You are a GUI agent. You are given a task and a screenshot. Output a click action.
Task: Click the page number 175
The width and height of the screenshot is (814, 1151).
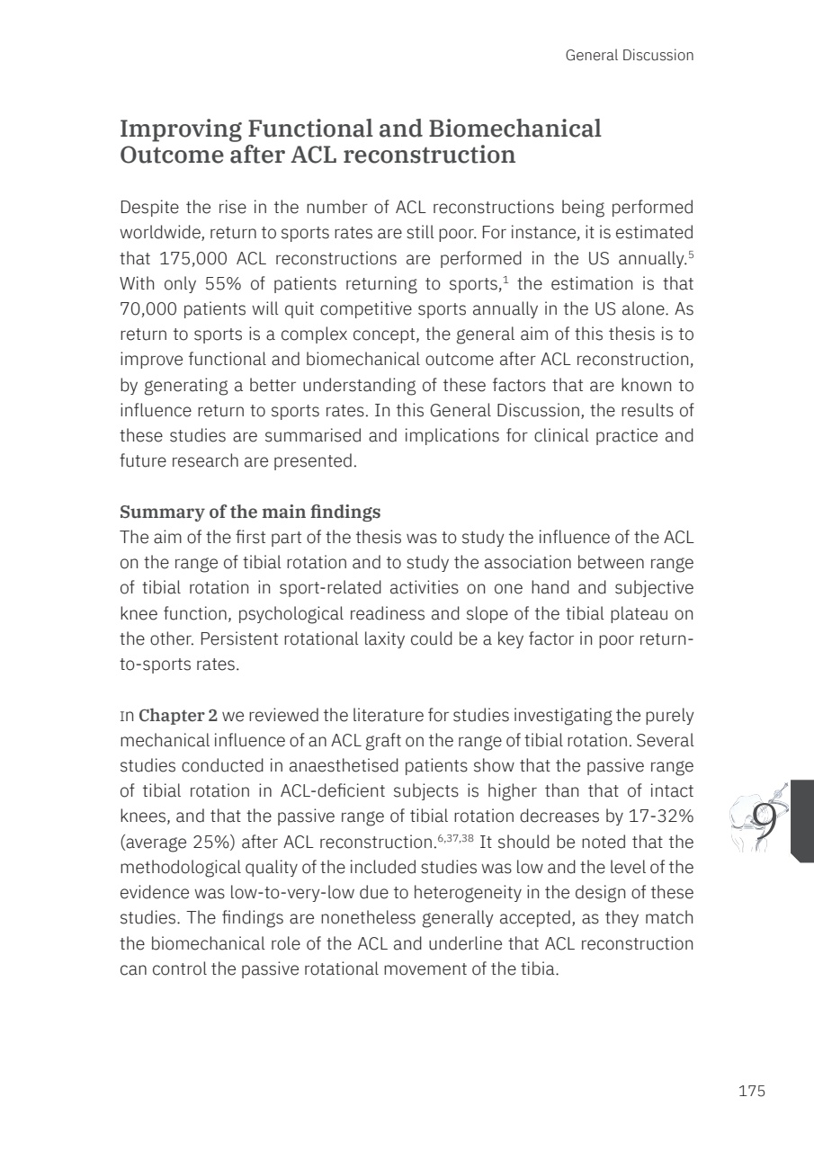point(751,1091)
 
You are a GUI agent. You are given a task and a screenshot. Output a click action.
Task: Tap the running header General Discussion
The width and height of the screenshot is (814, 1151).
point(630,56)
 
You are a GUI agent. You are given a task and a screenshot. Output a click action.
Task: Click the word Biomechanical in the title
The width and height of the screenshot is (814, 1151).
point(514,129)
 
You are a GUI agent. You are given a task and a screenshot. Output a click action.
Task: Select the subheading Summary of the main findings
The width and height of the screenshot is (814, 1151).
point(250,512)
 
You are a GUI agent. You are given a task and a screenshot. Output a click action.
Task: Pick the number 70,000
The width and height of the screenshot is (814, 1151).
point(153,307)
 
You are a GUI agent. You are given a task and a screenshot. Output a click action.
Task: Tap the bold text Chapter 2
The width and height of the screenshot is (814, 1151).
point(178,715)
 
